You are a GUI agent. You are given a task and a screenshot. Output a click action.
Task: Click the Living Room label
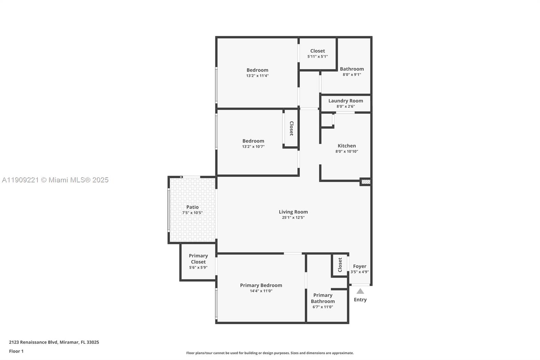click(x=293, y=212)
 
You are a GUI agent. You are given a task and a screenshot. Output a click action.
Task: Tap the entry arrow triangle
click(x=360, y=291)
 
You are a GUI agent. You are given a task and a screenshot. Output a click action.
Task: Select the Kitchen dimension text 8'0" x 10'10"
click(x=347, y=152)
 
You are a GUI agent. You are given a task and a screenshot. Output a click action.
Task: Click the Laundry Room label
click(x=346, y=101)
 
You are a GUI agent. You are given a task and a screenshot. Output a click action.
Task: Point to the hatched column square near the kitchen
click(x=366, y=182)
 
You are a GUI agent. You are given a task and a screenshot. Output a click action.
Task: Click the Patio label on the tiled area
click(x=192, y=207)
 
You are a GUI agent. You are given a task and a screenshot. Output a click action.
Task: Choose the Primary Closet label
click(x=198, y=259)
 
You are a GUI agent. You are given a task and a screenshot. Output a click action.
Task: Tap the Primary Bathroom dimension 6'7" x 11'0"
click(x=323, y=307)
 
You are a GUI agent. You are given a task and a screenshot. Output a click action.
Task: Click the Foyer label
click(x=359, y=266)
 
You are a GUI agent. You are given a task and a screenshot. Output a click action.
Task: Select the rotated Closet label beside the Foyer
click(x=340, y=265)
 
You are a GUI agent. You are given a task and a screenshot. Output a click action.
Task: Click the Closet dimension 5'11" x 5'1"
click(x=317, y=57)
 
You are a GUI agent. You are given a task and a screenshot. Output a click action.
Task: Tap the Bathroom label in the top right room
click(x=352, y=69)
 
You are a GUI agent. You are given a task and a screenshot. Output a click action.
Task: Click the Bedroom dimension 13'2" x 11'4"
click(x=257, y=76)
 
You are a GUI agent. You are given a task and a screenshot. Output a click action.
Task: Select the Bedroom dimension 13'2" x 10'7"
click(x=253, y=147)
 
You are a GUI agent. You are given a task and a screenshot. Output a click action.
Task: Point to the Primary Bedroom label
click(x=261, y=285)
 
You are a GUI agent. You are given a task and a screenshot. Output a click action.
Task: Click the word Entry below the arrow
click(x=360, y=300)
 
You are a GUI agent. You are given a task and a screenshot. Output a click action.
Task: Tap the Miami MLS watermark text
click(x=55, y=180)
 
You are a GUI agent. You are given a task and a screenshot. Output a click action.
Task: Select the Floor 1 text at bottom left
click(x=16, y=351)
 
